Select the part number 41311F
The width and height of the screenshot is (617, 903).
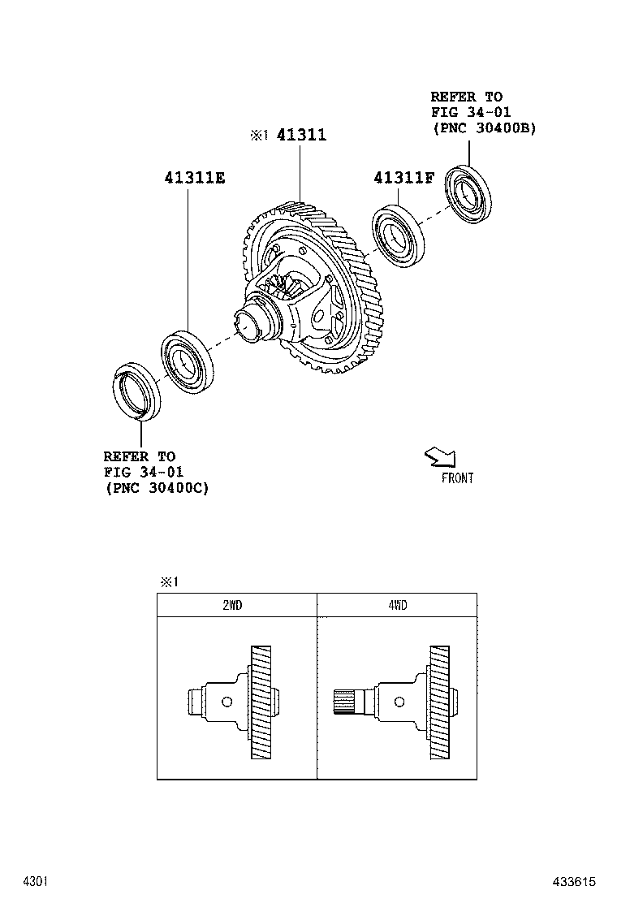tap(404, 177)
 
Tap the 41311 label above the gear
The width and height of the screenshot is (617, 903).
tap(301, 135)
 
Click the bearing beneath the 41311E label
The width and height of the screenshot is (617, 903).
tap(187, 358)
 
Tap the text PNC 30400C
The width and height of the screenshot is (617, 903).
tap(157, 487)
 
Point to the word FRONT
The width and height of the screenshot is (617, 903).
tap(457, 478)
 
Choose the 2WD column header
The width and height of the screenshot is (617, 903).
tap(236, 605)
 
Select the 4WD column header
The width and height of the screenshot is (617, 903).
tap(397, 605)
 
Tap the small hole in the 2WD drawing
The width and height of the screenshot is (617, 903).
tap(227, 702)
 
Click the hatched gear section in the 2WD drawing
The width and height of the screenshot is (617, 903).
tap(261, 702)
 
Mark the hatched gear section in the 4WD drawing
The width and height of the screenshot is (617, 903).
tap(438, 702)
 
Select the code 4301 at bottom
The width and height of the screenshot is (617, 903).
tap(36, 881)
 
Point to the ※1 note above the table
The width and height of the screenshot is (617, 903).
tap(168, 581)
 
